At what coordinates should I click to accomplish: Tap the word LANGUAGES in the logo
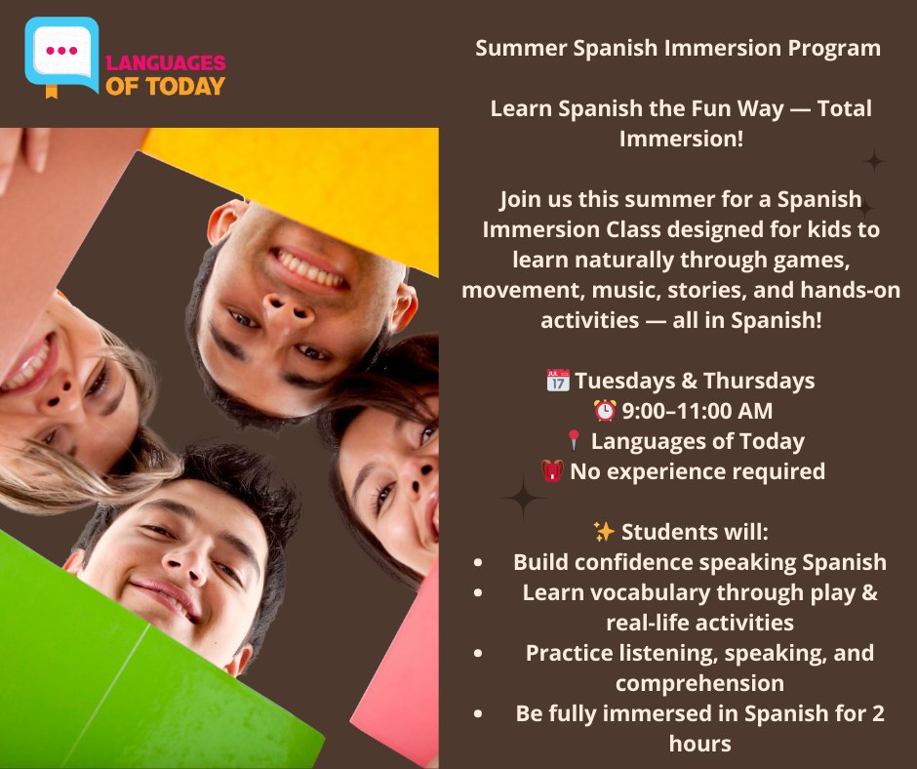(x=165, y=63)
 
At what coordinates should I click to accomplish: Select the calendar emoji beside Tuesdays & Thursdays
(x=558, y=381)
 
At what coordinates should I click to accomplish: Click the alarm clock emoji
(x=605, y=411)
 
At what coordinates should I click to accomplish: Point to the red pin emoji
(x=574, y=442)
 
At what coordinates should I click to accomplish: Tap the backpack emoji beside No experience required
(x=552, y=472)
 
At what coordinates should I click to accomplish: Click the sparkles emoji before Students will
(x=604, y=532)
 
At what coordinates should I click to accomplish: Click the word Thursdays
(x=759, y=381)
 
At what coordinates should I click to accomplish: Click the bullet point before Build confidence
(x=478, y=563)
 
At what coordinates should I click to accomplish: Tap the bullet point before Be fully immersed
(x=478, y=714)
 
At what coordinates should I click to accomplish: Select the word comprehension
(x=699, y=683)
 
